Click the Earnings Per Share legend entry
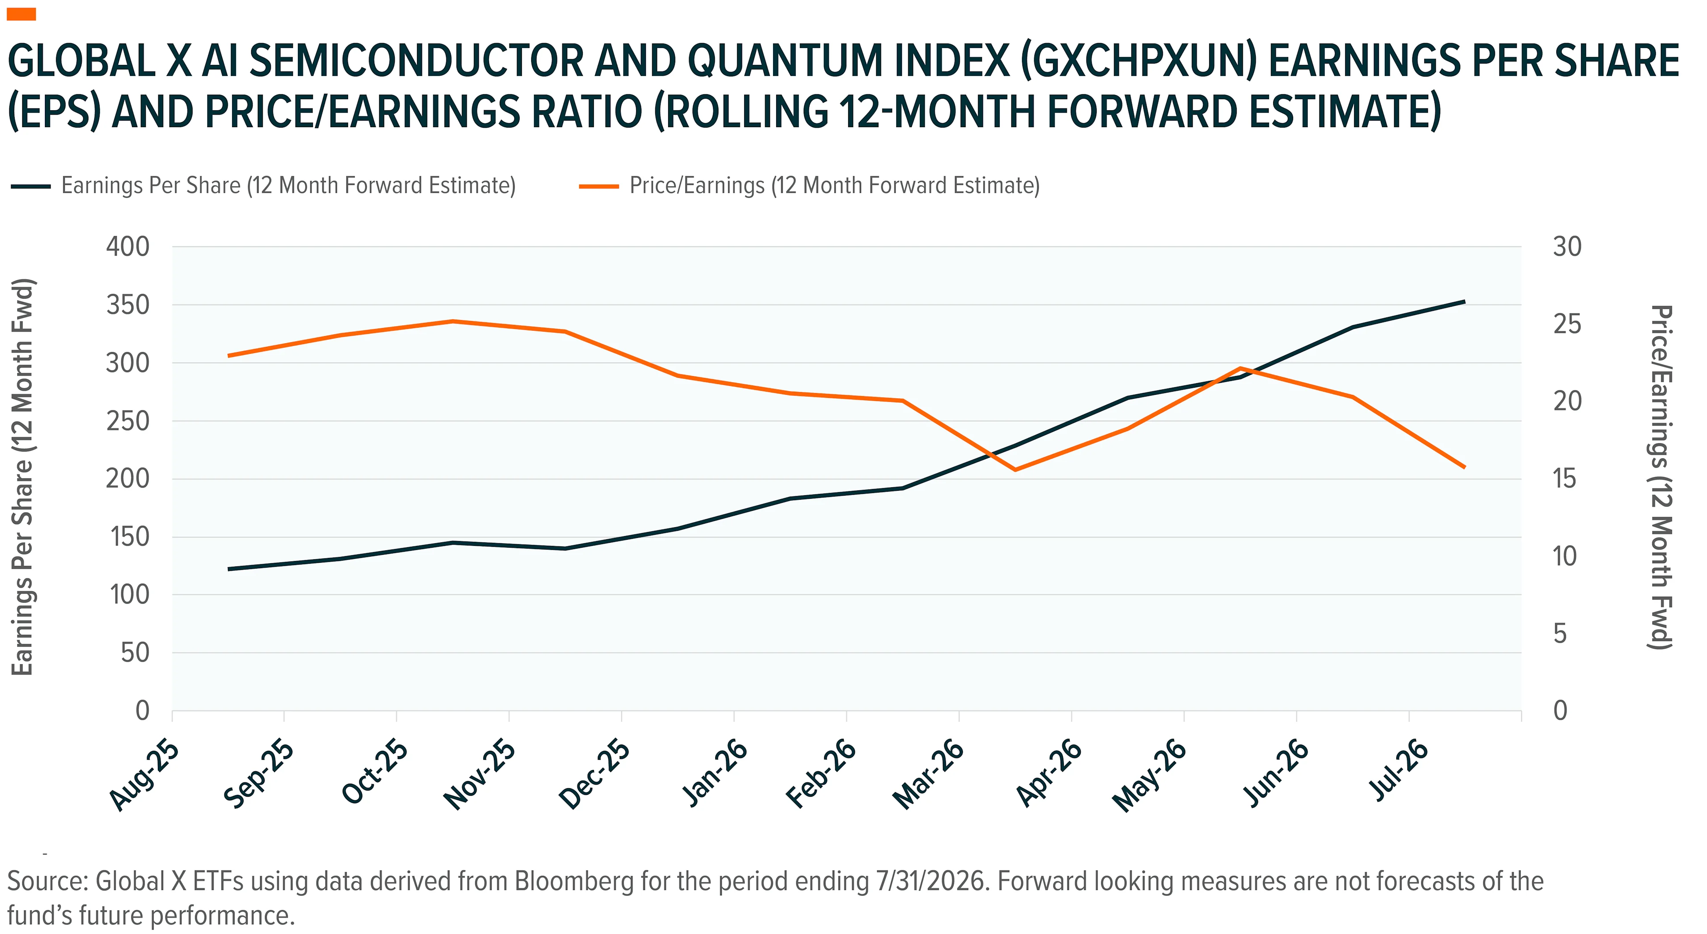pos(263,186)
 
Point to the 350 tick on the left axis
pos(128,305)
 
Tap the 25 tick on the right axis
pos(1567,324)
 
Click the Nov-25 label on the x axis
pos(480,775)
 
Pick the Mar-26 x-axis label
pos(928,775)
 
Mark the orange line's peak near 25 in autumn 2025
pos(453,321)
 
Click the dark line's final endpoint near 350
pos(1464,301)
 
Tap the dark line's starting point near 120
pos(228,569)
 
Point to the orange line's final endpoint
pos(1464,467)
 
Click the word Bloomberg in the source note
pos(574,882)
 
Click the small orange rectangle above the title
pos(21,14)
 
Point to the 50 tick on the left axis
pos(135,653)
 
